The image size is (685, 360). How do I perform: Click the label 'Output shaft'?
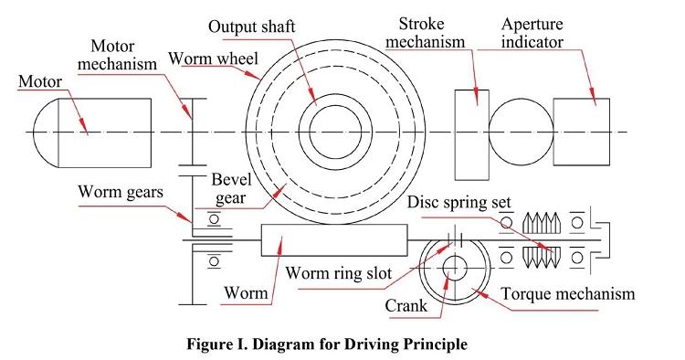tap(251, 26)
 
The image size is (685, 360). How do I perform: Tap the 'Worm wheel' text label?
tap(213, 58)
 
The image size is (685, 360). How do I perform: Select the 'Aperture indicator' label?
tap(532, 33)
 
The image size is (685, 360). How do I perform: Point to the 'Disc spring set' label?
tap(458, 202)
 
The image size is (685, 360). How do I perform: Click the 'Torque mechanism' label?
tap(568, 293)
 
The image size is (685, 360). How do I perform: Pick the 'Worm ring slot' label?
tap(339, 273)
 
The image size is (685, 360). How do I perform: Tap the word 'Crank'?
tap(406, 306)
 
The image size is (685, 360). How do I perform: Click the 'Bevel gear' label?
tap(232, 189)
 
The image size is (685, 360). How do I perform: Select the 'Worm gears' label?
tap(121, 192)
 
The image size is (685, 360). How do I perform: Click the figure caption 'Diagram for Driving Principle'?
tap(360, 344)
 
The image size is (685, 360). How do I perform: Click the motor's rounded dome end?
tap(47, 132)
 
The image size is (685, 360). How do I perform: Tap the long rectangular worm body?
tap(334, 240)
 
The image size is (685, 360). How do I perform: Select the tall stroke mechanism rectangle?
tap(472, 134)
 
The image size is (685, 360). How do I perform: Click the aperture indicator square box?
tap(582, 132)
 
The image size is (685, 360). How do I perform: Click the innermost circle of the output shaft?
tap(335, 106)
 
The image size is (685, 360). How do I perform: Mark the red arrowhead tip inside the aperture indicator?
tap(595, 105)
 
